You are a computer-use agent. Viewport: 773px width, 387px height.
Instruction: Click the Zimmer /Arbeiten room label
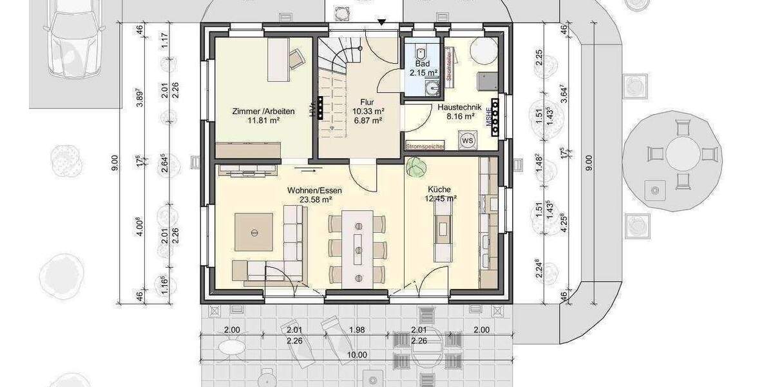[263, 112]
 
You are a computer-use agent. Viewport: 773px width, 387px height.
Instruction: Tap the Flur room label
[367, 101]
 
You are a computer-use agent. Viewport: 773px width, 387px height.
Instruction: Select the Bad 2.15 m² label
[423, 69]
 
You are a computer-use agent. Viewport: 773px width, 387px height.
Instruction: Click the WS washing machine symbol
[468, 139]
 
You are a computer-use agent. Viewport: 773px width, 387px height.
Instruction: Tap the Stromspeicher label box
[425, 146]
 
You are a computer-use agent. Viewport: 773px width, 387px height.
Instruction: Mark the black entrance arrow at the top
[382, 23]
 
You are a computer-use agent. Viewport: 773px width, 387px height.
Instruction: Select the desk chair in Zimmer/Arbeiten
[297, 59]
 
